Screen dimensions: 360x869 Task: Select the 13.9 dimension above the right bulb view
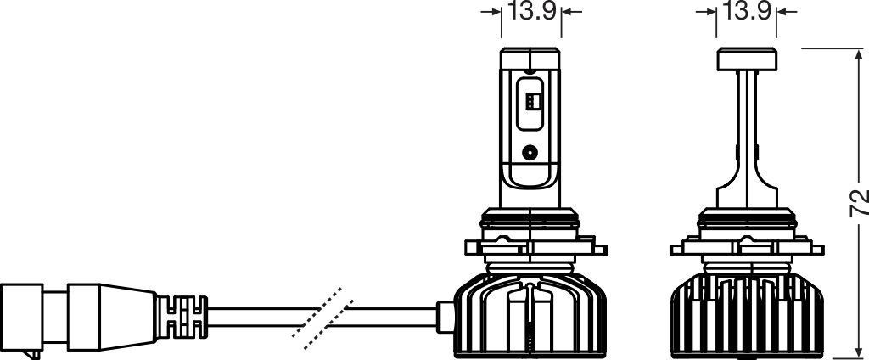[x=746, y=12]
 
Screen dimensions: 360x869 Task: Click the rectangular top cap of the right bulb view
[x=747, y=59]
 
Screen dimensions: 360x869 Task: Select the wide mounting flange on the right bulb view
[x=747, y=249]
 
